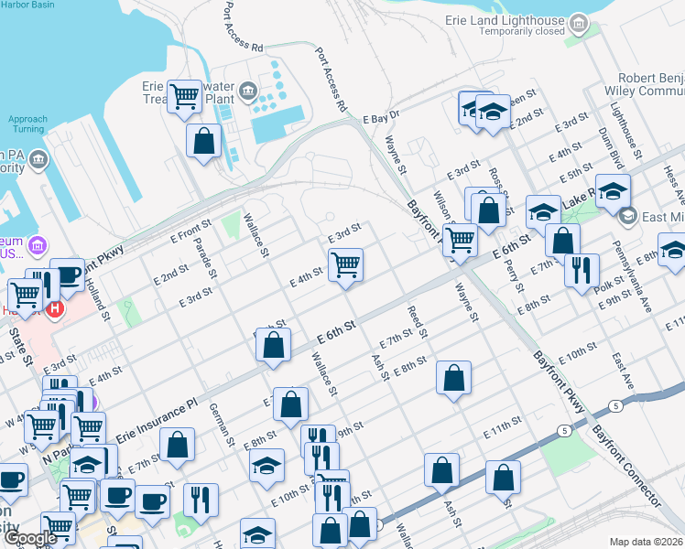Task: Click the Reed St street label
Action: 417,321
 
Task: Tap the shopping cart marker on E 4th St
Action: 345,265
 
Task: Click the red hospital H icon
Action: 55,309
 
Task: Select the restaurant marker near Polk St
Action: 582,270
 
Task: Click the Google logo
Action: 30,538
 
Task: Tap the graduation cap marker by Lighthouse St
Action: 613,191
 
